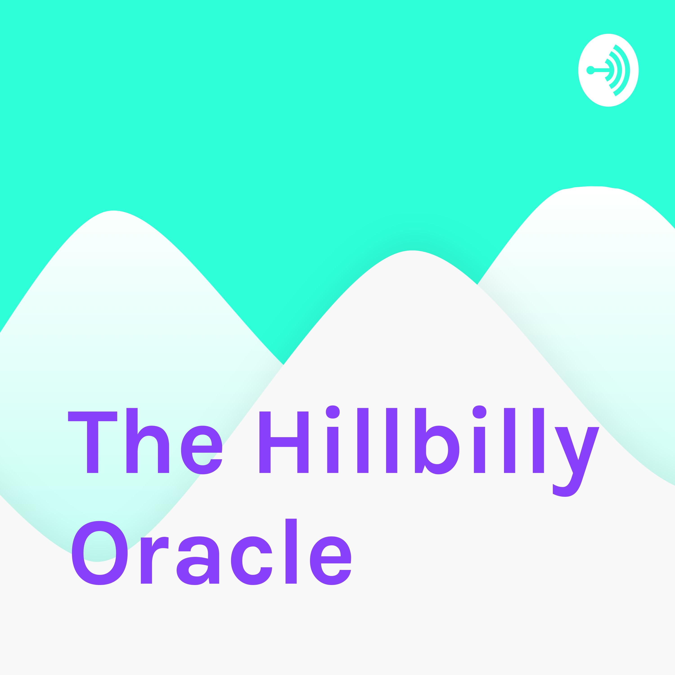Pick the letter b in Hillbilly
coord(437,441)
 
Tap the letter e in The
coord(202,450)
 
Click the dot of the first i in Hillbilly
coord(333,412)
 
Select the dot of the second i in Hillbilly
coord(479,412)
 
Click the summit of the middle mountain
coord(412,250)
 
